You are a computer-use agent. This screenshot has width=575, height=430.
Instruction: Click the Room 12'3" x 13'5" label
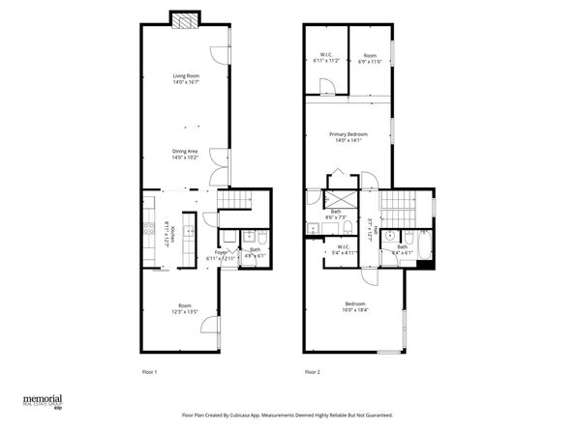(x=184, y=309)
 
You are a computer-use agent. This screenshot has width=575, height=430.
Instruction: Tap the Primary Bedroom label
(x=346, y=136)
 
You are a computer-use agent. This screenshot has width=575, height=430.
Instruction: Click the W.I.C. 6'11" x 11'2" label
(x=326, y=57)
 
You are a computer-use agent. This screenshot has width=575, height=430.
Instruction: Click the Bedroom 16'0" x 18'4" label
(x=356, y=305)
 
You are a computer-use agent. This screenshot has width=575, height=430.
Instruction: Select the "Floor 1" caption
(x=149, y=371)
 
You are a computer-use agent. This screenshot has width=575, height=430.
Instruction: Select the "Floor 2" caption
(x=312, y=371)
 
